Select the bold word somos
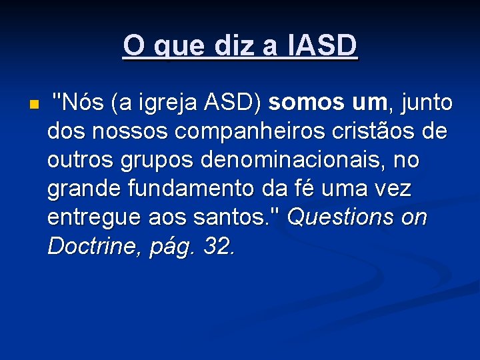[x=303, y=103]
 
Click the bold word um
[x=366, y=103]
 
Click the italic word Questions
[x=343, y=218]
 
